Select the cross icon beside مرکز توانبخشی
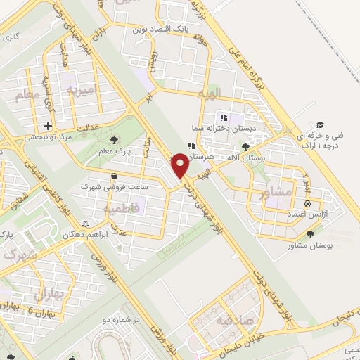(48, 127)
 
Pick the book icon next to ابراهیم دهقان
(86, 224)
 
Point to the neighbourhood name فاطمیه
(120, 209)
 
